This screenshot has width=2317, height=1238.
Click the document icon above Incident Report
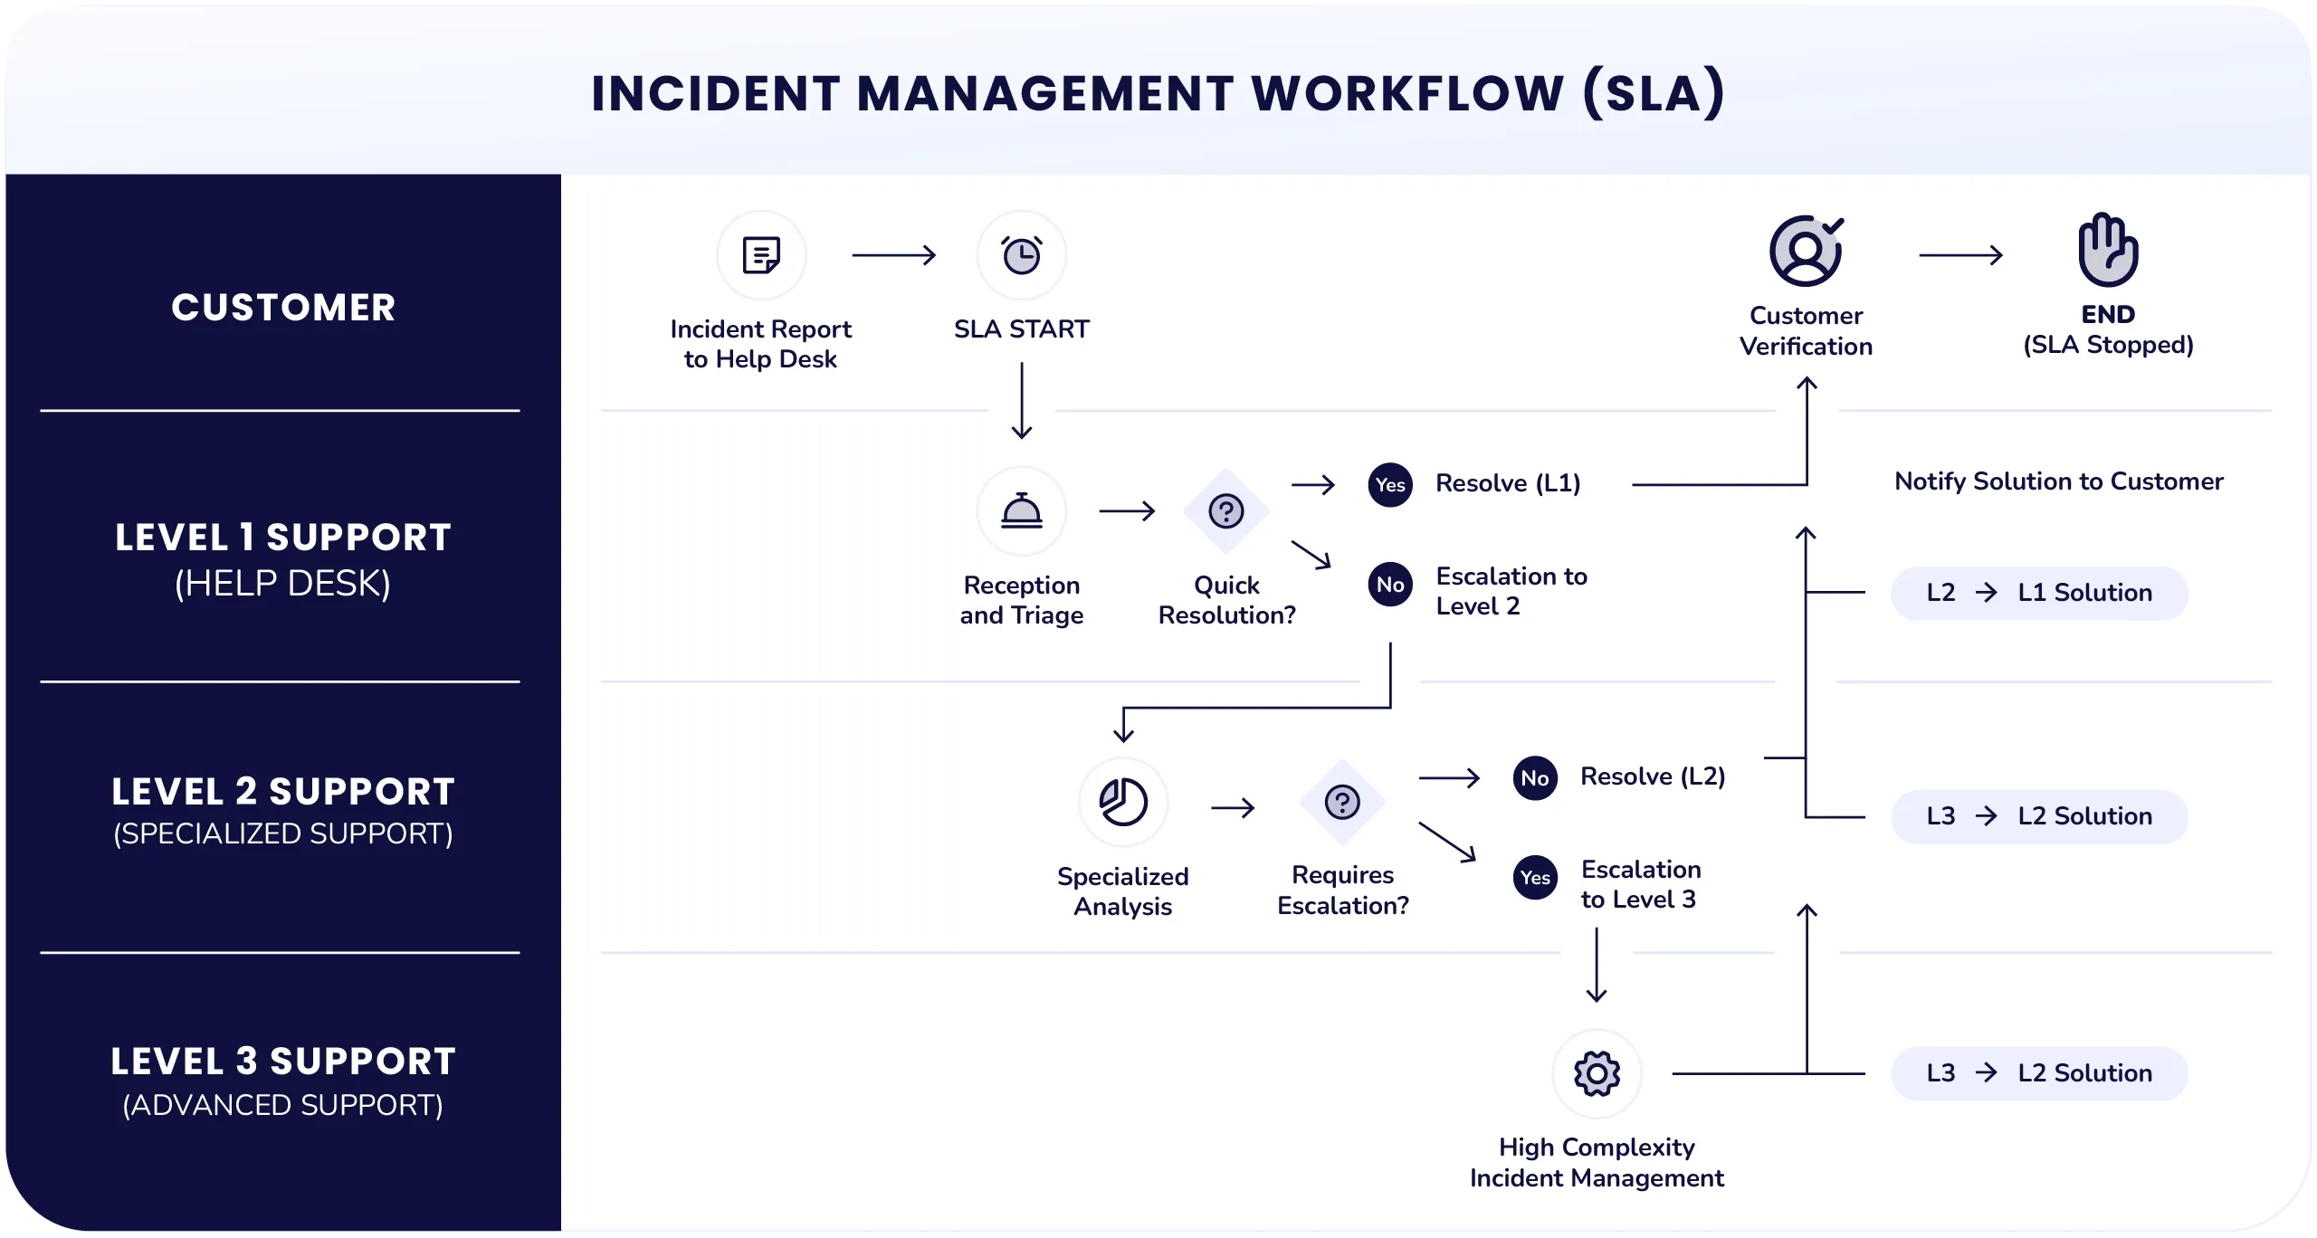pos(761,255)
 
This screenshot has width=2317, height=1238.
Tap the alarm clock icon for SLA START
pos(1022,255)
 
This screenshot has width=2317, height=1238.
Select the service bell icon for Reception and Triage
pos(1022,511)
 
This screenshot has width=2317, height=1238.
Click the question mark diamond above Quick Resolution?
pos(1226,511)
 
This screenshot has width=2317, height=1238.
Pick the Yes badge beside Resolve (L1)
pos(1390,485)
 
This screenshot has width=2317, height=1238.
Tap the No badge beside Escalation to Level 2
pos(1390,585)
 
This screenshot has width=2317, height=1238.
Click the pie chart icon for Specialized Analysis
pos(1123,802)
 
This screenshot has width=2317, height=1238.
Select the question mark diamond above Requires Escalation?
pos(1342,802)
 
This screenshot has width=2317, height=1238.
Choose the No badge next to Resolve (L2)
pos(1535,778)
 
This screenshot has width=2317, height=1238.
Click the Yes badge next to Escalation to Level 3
pos(1535,878)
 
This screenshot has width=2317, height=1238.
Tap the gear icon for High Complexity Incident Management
pos(1597,1074)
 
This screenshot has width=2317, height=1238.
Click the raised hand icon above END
pos(2108,250)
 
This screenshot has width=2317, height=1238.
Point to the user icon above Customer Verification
pos(1807,251)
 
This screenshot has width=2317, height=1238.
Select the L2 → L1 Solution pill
pos(2039,594)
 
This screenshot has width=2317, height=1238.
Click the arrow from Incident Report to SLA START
pos(893,255)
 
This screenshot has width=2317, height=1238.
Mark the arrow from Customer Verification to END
pos(1960,255)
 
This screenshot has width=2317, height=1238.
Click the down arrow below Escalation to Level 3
pos(1597,966)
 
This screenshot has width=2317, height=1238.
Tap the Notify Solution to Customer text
pos(2059,481)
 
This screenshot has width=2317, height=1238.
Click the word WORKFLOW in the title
pos(1407,93)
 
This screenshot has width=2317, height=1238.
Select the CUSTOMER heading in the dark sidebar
pos(283,308)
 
